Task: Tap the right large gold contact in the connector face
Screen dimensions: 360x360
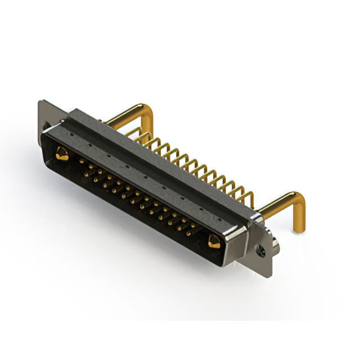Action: (x=214, y=242)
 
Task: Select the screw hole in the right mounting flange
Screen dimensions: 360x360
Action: (x=262, y=248)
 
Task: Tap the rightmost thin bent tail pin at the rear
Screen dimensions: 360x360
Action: (x=247, y=197)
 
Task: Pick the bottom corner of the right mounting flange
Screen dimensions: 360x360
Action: (x=269, y=274)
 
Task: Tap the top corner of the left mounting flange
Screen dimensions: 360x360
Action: (x=40, y=102)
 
